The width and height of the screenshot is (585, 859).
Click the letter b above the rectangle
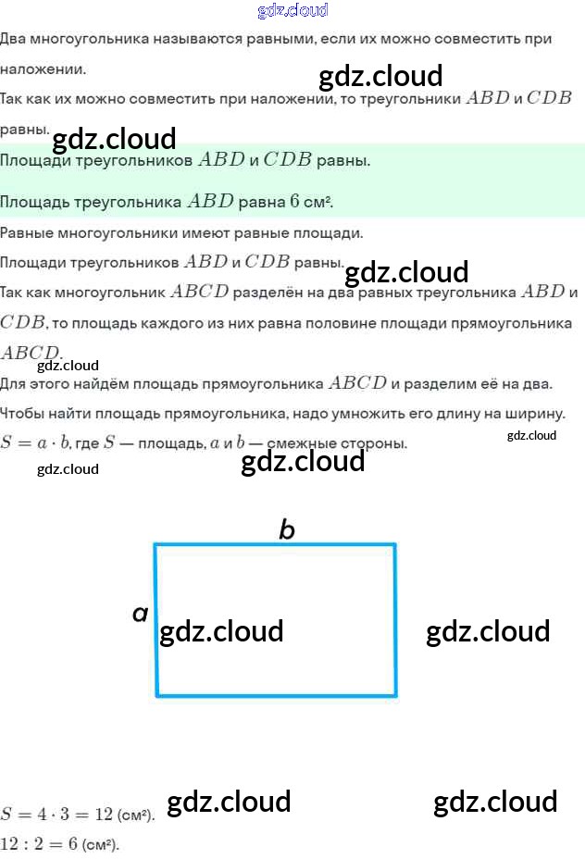tap(287, 529)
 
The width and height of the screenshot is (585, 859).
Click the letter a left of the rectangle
tap(140, 612)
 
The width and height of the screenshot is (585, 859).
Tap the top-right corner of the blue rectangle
tap(395, 544)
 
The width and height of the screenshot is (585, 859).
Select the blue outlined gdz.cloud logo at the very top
tap(292, 11)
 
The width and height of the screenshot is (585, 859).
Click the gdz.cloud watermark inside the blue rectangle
tap(221, 631)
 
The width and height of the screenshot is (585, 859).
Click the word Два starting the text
tap(14, 39)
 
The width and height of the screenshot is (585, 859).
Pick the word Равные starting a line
tap(28, 232)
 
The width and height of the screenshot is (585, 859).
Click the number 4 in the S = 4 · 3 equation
tap(39, 815)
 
